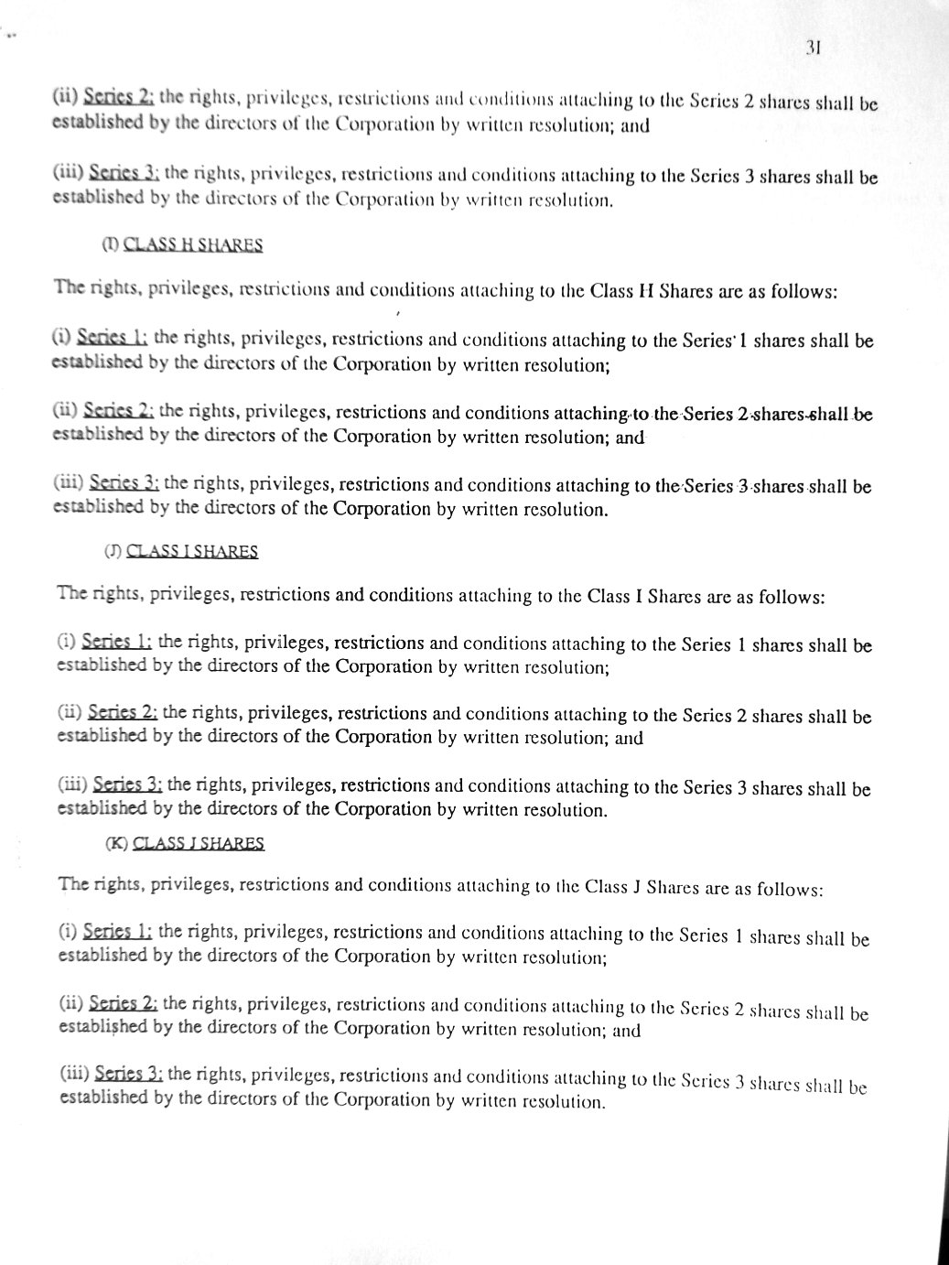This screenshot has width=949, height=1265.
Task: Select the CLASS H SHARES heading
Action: (193, 244)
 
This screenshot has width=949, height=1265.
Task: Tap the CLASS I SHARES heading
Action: (192, 551)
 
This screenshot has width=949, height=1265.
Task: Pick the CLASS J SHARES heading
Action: (199, 843)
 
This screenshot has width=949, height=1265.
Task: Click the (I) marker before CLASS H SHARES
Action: (110, 244)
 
